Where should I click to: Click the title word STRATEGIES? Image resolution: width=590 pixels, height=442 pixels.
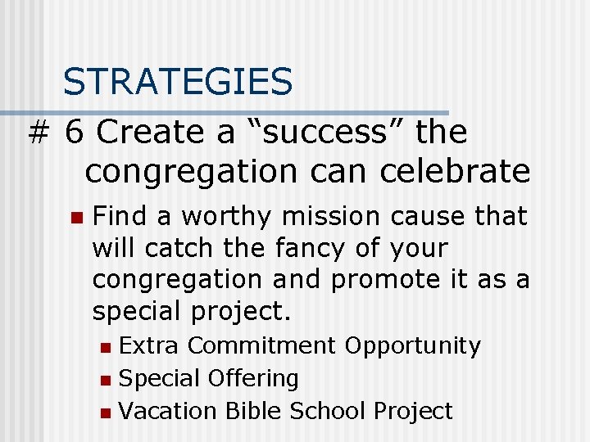tap(177, 82)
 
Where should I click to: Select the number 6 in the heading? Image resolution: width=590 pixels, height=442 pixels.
tap(75, 131)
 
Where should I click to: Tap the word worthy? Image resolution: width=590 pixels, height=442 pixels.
tap(227, 216)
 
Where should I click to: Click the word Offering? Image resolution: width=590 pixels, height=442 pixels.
tap(253, 379)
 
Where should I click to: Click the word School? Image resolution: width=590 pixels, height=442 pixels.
tap(331, 411)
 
